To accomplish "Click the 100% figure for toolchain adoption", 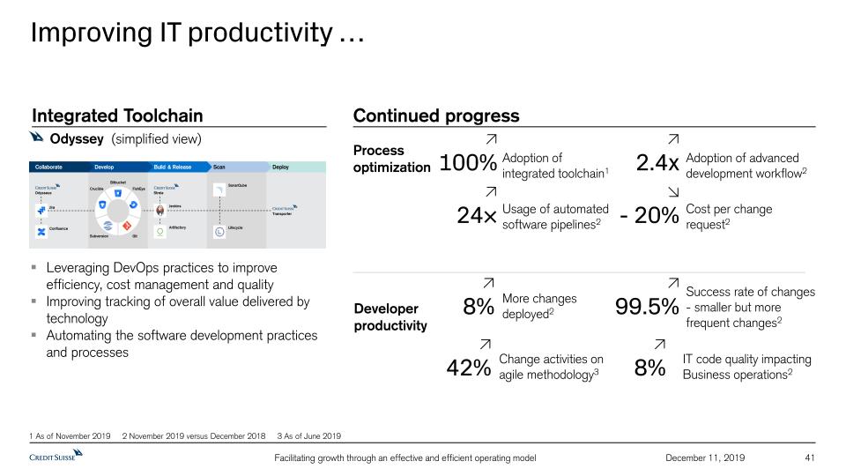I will coord(469,164).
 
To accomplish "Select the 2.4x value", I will coord(657,164).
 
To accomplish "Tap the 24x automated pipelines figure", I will coord(477,216).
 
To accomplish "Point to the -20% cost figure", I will coord(649,216).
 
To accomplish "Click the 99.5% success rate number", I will coord(647,307).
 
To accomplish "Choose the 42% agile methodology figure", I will coord(469,368).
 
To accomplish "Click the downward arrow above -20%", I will coord(673,191).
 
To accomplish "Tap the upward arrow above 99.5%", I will coord(673,283).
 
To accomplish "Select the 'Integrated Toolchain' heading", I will coord(117,116).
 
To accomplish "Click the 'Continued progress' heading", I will coord(436,116).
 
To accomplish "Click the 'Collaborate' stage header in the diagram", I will coord(48,167).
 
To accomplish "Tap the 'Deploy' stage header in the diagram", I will coord(280,167).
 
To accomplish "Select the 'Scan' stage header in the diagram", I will coord(219,167).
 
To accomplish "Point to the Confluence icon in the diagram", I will coord(41,231).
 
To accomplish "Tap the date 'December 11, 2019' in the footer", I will coord(704,457).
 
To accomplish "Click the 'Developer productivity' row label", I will coord(390,317).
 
